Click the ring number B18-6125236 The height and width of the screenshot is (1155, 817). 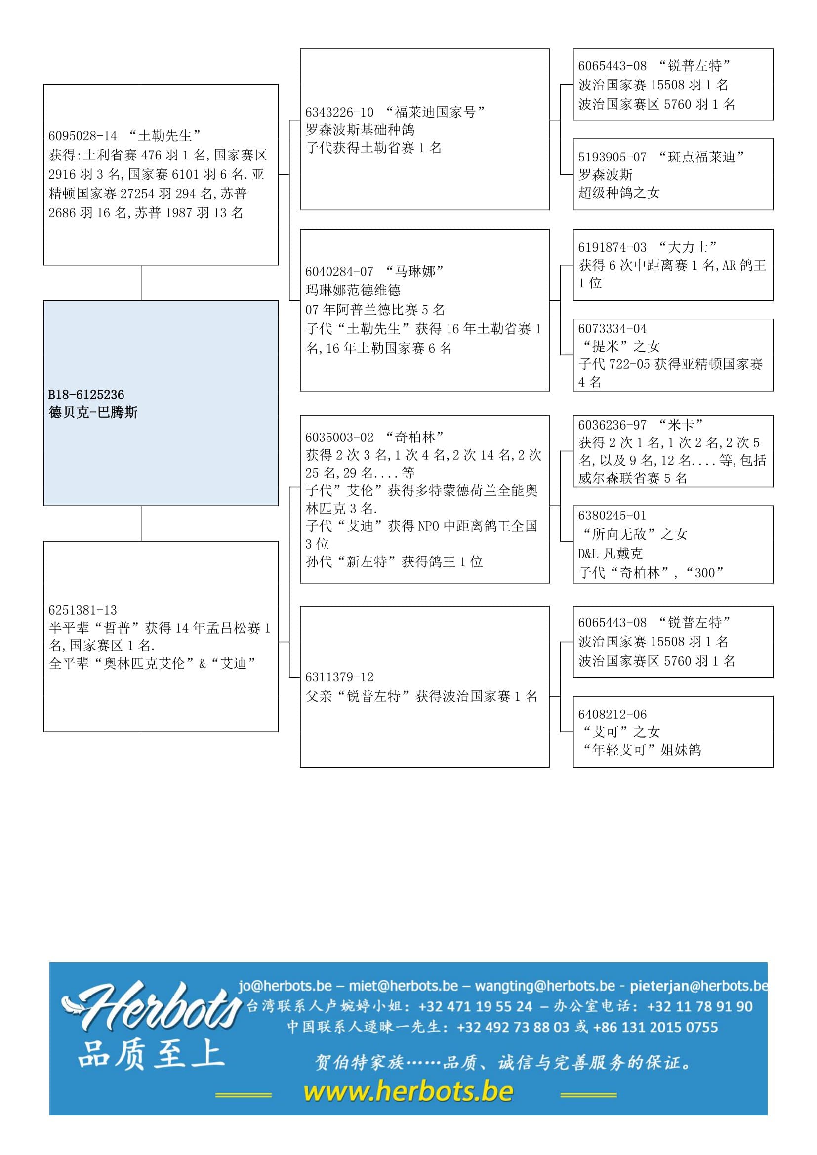(x=86, y=395)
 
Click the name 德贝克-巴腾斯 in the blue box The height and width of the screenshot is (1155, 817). (x=93, y=413)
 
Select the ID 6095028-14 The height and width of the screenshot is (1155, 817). (x=82, y=136)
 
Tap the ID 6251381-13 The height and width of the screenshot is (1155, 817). (x=82, y=610)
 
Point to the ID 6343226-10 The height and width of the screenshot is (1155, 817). (x=339, y=112)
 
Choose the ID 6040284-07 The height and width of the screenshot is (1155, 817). (x=339, y=272)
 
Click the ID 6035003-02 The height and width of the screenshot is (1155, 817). (x=339, y=437)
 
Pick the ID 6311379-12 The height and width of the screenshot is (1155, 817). (x=339, y=677)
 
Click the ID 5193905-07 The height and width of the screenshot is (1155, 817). (x=612, y=158)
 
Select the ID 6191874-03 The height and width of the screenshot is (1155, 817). (x=612, y=247)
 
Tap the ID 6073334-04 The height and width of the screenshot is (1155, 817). (x=612, y=329)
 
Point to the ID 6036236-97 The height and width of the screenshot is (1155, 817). (x=612, y=425)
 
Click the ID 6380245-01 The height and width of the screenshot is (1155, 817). (x=612, y=516)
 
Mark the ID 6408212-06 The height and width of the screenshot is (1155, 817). (x=612, y=715)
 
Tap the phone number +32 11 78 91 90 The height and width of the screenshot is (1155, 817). (x=700, y=1006)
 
